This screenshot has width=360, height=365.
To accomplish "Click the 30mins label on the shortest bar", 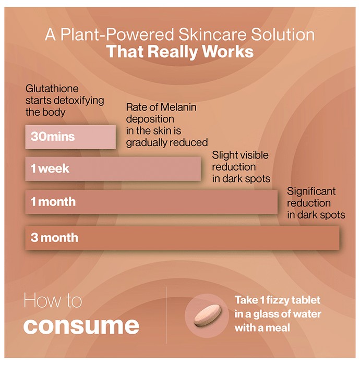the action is pos(53,137).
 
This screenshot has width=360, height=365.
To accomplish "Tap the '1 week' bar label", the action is pos(50,168).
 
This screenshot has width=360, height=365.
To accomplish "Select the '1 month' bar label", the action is pos(53,202).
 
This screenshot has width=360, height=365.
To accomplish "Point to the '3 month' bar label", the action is pos(54,237).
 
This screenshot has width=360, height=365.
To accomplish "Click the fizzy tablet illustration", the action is pos(207,315).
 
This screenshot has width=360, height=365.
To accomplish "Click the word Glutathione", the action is pos(52,89).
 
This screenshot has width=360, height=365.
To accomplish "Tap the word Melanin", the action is pos(178,107).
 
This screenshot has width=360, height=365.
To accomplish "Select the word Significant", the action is pos(311,191).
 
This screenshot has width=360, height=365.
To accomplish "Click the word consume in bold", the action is pos(81,325).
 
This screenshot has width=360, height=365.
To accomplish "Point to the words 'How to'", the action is pos(53,300).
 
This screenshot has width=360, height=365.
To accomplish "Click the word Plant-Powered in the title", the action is pos(117,34).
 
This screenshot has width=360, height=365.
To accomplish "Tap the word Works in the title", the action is pos(227,52).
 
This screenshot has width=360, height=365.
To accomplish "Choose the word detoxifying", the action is pos(79,101).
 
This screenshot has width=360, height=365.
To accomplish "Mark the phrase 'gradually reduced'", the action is pos(167,143).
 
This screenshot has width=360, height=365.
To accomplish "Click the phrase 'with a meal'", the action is pos(262,328).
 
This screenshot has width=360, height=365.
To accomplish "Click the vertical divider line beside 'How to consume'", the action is pos(166,315).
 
